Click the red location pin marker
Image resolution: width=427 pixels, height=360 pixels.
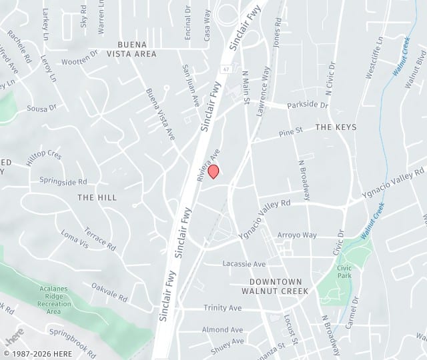[213, 171]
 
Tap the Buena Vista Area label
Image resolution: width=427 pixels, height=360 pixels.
[127, 49]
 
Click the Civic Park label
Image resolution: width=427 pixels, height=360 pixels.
[344, 271]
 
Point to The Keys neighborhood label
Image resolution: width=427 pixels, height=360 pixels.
[336, 127]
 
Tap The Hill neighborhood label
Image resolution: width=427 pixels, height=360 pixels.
[97, 197]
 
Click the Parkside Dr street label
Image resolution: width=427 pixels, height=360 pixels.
[308, 105]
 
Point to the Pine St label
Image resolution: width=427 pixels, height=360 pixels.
[291, 132]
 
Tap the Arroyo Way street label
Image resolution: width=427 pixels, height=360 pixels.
[297, 235]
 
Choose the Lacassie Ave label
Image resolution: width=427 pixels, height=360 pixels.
[244, 264]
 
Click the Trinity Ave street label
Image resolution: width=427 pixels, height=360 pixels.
[222, 308]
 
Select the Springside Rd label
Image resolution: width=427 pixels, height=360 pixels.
[63, 181]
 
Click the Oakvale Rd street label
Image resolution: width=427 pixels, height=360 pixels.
[109, 291]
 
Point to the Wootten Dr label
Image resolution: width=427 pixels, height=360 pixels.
[79, 61]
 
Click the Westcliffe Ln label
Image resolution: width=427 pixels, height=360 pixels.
[374, 58]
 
